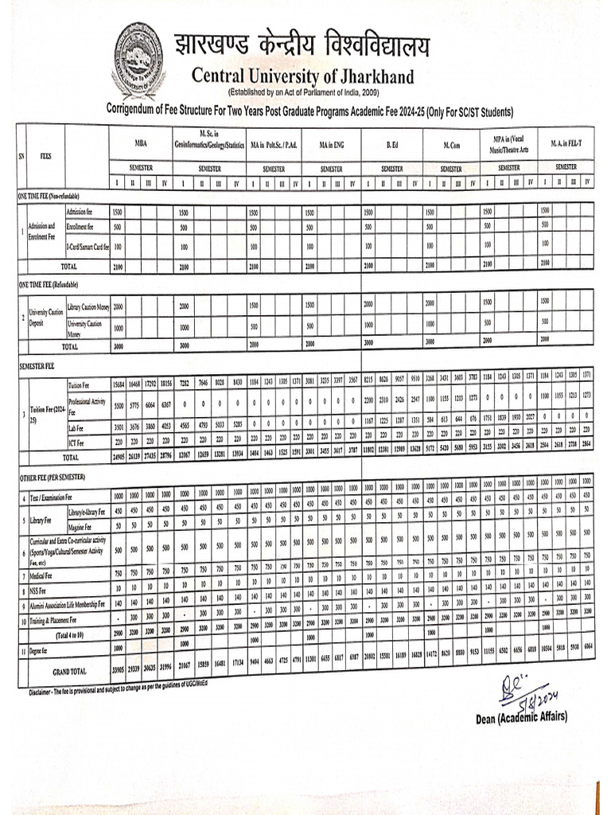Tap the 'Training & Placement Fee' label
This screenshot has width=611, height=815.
[x=56, y=618]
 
